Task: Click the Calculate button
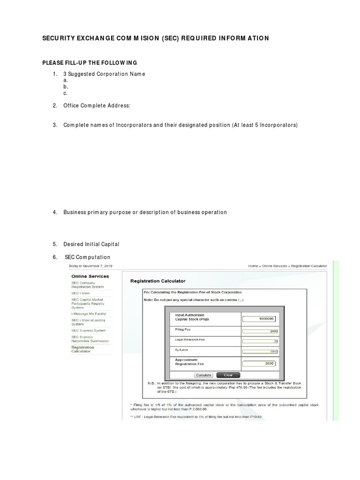(203, 375)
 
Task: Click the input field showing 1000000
(259, 319)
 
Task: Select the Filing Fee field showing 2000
(259, 331)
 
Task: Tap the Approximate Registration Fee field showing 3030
(259, 363)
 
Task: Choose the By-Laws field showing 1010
(259, 352)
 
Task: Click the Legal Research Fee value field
(259, 341)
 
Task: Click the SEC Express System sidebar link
(88, 330)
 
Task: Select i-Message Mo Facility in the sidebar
(89, 314)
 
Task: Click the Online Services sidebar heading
(90, 277)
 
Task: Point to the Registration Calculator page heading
(157, 281)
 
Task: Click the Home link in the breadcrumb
(253, 266)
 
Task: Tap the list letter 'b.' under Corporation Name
(66, 87)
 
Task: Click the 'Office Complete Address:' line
(97, 106)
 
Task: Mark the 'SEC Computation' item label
(87, 257)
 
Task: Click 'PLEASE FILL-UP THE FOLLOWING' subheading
(90, 62)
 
